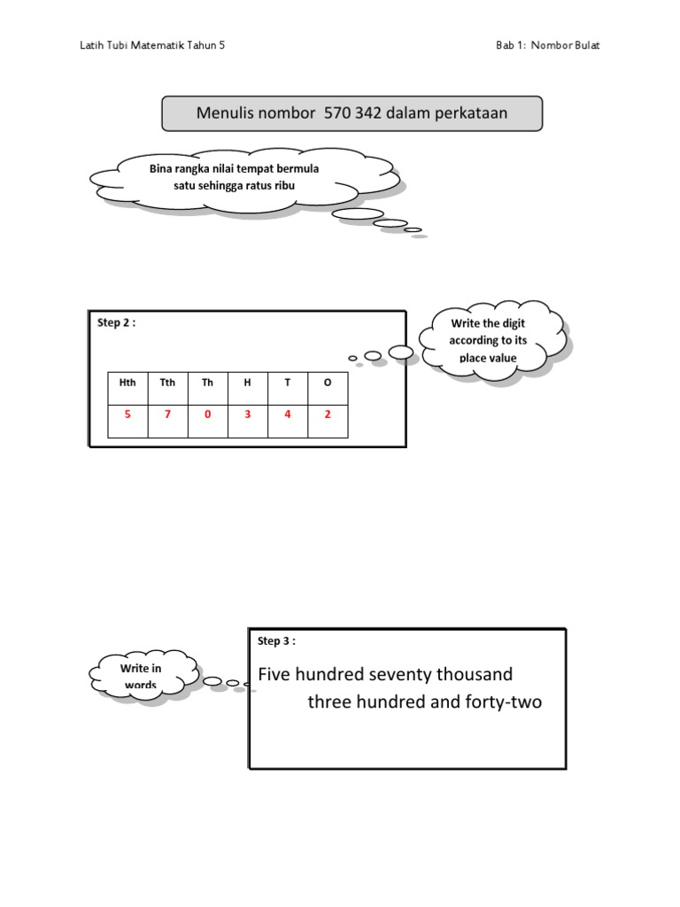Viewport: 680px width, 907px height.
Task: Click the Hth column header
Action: [127, 383]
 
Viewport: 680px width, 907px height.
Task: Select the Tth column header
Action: [167, 383]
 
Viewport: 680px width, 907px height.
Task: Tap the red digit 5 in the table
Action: [127, 414]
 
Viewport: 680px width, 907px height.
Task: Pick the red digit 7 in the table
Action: [167, 414]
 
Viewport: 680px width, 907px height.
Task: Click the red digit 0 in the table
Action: [207, 414]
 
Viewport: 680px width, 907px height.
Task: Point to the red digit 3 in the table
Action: [247, 414]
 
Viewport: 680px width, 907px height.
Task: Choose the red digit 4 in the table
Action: [287, 414]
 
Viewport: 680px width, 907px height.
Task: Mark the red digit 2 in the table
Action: [328, 414]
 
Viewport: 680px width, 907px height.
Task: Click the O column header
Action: [328, 383]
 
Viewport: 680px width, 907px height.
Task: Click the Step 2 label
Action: [116, 322]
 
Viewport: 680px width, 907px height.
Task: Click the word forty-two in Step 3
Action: [501, 703]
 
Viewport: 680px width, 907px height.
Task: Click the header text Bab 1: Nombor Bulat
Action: [547, 45]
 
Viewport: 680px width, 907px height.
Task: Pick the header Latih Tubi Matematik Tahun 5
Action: [152, 45]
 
